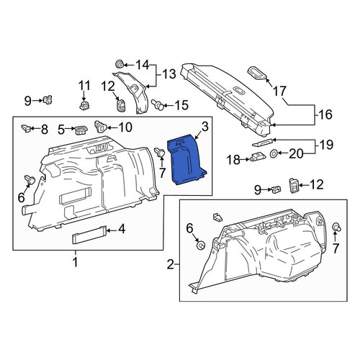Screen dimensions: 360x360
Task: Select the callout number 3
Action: (204, 127)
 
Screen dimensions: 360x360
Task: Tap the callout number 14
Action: (143, 65)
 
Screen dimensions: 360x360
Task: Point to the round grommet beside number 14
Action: (120, 65)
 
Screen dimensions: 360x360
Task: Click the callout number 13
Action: (169, 74)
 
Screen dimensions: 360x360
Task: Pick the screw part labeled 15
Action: (158, 105)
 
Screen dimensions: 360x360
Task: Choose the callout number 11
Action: (84, 86)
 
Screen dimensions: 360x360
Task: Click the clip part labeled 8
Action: (26, 128)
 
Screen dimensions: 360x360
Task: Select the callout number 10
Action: (125, 127)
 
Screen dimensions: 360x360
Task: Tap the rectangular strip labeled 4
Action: (89, 235)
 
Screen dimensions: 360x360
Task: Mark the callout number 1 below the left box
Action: (76, 262)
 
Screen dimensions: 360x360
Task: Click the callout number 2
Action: (170, 265)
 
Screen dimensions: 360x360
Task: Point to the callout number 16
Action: (325, 114)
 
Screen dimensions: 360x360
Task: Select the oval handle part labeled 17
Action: (257, 73)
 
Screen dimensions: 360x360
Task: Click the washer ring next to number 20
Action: (274, 153)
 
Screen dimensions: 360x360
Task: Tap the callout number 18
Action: (234, 160)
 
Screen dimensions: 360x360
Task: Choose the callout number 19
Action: (327, 145)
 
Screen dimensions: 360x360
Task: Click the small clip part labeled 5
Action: (81, 130)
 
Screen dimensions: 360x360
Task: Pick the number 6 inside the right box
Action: (189, 228)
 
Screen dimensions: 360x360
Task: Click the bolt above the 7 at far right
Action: (337, 227)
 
